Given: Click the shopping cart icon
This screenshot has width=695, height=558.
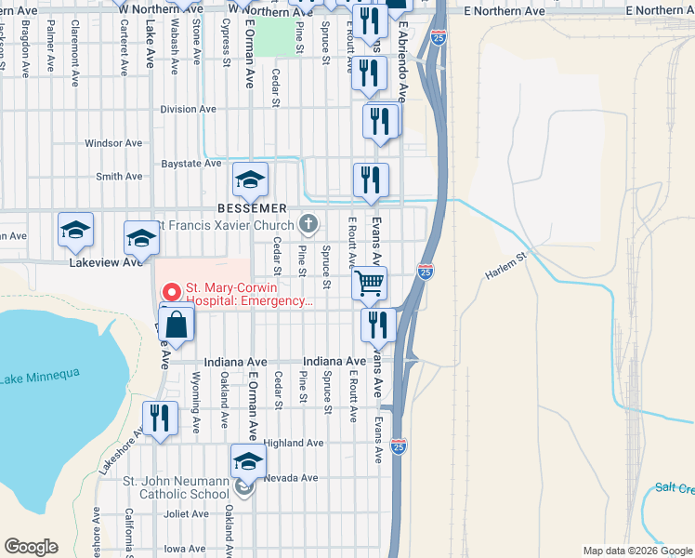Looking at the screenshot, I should click(370, 283).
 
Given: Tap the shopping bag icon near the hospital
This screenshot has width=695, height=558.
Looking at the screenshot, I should click(176, 325).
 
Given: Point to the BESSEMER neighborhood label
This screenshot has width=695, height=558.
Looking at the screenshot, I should click(251, 207).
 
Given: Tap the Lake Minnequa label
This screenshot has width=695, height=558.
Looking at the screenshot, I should click(39, 376).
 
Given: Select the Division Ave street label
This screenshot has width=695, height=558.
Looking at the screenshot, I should click(188, 109).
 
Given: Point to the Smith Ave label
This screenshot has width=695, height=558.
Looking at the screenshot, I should click(119, 176).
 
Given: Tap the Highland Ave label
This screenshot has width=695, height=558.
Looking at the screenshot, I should click(293, 444).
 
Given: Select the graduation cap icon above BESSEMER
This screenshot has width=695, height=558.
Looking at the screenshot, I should click(250, 179).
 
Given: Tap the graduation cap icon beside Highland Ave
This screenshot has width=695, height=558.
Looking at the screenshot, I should click(248, 460).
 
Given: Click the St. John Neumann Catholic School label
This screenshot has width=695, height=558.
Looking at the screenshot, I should click(177, 486).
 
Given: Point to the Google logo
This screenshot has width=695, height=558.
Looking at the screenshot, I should click(31, 547).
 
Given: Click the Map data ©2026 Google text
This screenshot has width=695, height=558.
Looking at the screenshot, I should click(637, 551).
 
